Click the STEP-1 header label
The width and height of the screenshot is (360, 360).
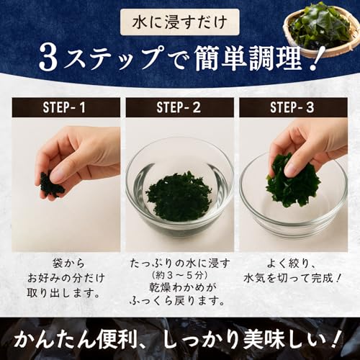pyautogui.click(x=64, y=107)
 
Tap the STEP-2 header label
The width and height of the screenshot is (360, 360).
pyautogui.click(x=179, y=107)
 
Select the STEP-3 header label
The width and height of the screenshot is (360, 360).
pyautogui.click(x=292, y=107)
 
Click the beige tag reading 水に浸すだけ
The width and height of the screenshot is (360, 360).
pyautogui.click(x=180, y=22)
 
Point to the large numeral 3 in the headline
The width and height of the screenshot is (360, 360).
pyautogui.click(x=49, y=58)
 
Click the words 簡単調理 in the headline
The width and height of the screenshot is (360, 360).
pyautogui.click(x=248, y=58)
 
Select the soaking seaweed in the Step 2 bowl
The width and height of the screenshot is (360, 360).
pyautogui.click(x=179, y=196)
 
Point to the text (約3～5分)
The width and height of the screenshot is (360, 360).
pyautogui.click(x=179, y=275)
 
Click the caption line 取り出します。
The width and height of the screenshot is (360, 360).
pyautogui.click(x=63, y=293)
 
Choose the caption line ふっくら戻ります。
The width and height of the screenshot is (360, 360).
pyautogui.click(x=178, y=301)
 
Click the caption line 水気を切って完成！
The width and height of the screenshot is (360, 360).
pyautogui.click(x=292, y=279)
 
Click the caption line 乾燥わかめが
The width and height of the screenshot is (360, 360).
pyautogui.click(x=179, y=287)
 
